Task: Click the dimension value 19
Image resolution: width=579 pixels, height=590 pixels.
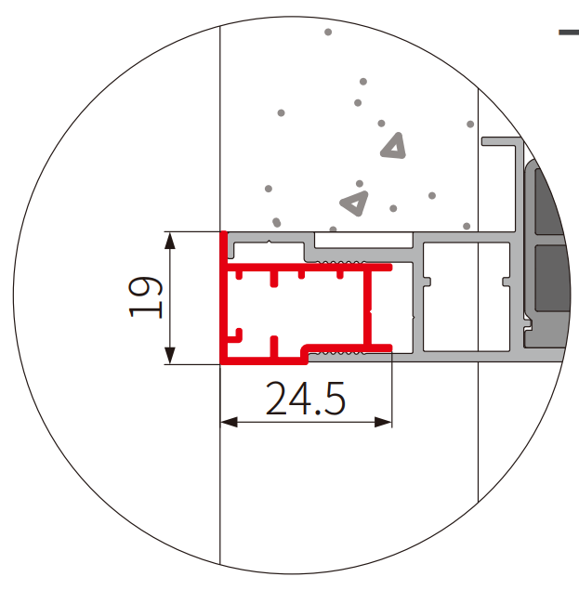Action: [146, 297]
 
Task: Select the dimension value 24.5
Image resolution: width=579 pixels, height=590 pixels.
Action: [306, 398]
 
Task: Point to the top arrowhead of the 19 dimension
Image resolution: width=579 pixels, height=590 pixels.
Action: [170, 241]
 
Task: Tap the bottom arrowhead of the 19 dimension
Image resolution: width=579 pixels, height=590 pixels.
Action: [170, 356]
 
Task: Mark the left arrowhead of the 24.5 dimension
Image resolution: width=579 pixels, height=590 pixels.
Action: [229, 422]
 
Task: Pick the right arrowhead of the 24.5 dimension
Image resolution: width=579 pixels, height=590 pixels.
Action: [383, 422]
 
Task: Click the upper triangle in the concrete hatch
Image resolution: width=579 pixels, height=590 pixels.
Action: [393, 146]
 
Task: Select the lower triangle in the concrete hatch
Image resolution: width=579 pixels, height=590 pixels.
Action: [354, 203]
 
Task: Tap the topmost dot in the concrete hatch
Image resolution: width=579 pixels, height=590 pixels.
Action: [328, 32]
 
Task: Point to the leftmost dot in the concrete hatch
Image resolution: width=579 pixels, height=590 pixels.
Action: [269, 189]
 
